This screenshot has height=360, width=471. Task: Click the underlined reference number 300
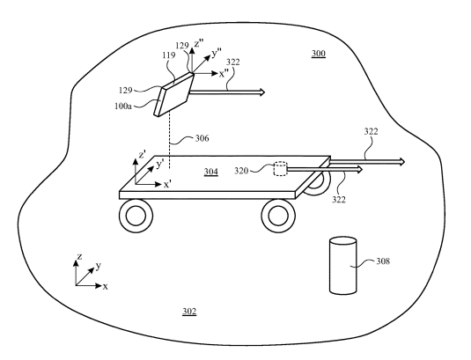coord(318,54)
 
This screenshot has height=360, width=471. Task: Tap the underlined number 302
coord(189,312)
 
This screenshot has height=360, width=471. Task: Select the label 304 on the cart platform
coord(211,172)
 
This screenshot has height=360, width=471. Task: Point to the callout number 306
coord(202,138)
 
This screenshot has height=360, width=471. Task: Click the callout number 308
coord(383,261)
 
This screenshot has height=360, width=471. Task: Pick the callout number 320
coord(241,171)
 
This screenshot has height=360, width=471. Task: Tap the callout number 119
coord(169,55)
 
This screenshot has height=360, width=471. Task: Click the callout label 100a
coord(123,107)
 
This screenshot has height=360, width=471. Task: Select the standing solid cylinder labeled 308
coord(343,266)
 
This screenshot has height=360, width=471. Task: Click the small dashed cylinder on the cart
coord(280,169)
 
